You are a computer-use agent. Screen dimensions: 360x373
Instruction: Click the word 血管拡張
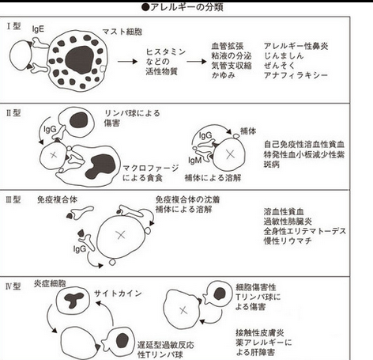[229, 47]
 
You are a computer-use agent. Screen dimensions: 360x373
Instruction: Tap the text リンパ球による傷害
[127, 119]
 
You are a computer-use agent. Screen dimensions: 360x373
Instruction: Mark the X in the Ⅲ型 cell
[119, 235]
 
